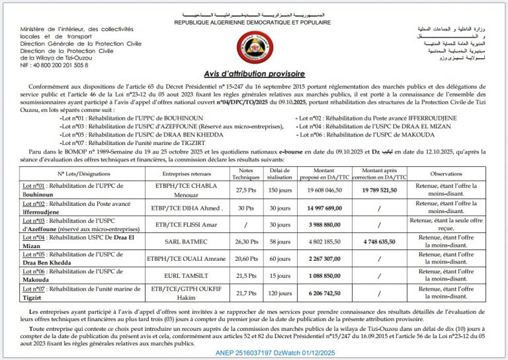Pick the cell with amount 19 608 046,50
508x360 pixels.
click(324, 189)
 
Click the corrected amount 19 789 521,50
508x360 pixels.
click(379, 189)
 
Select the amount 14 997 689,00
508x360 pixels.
click(324, 207)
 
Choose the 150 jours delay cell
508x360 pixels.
click(280, 189)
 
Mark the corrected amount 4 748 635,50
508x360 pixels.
click(379, 242)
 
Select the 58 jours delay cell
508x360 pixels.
click(280, 242)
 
